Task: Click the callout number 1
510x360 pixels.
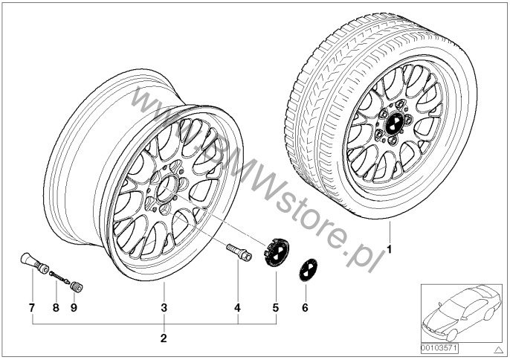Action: pos(390,250)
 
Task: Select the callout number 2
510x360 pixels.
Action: pos(164,338)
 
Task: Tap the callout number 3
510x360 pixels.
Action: pos(164,308)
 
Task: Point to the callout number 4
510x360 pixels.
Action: pos(238,308)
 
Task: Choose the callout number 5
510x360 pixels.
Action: pos(276,308)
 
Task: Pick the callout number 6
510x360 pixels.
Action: pos(305,308)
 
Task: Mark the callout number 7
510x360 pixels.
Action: pos(32,308)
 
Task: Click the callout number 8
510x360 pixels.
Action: pos(56,308)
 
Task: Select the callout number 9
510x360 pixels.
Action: pos(74,308)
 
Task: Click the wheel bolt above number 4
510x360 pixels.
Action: pos(239,252)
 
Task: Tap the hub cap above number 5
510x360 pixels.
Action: pos(276,252)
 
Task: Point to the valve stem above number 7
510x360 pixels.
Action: pos(34,263)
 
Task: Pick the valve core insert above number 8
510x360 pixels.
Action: pos(59,277)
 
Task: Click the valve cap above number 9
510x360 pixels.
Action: pos(77,287)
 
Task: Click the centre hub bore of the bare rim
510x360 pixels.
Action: pos(167,189)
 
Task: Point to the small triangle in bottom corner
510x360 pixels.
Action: pos(497,350)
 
